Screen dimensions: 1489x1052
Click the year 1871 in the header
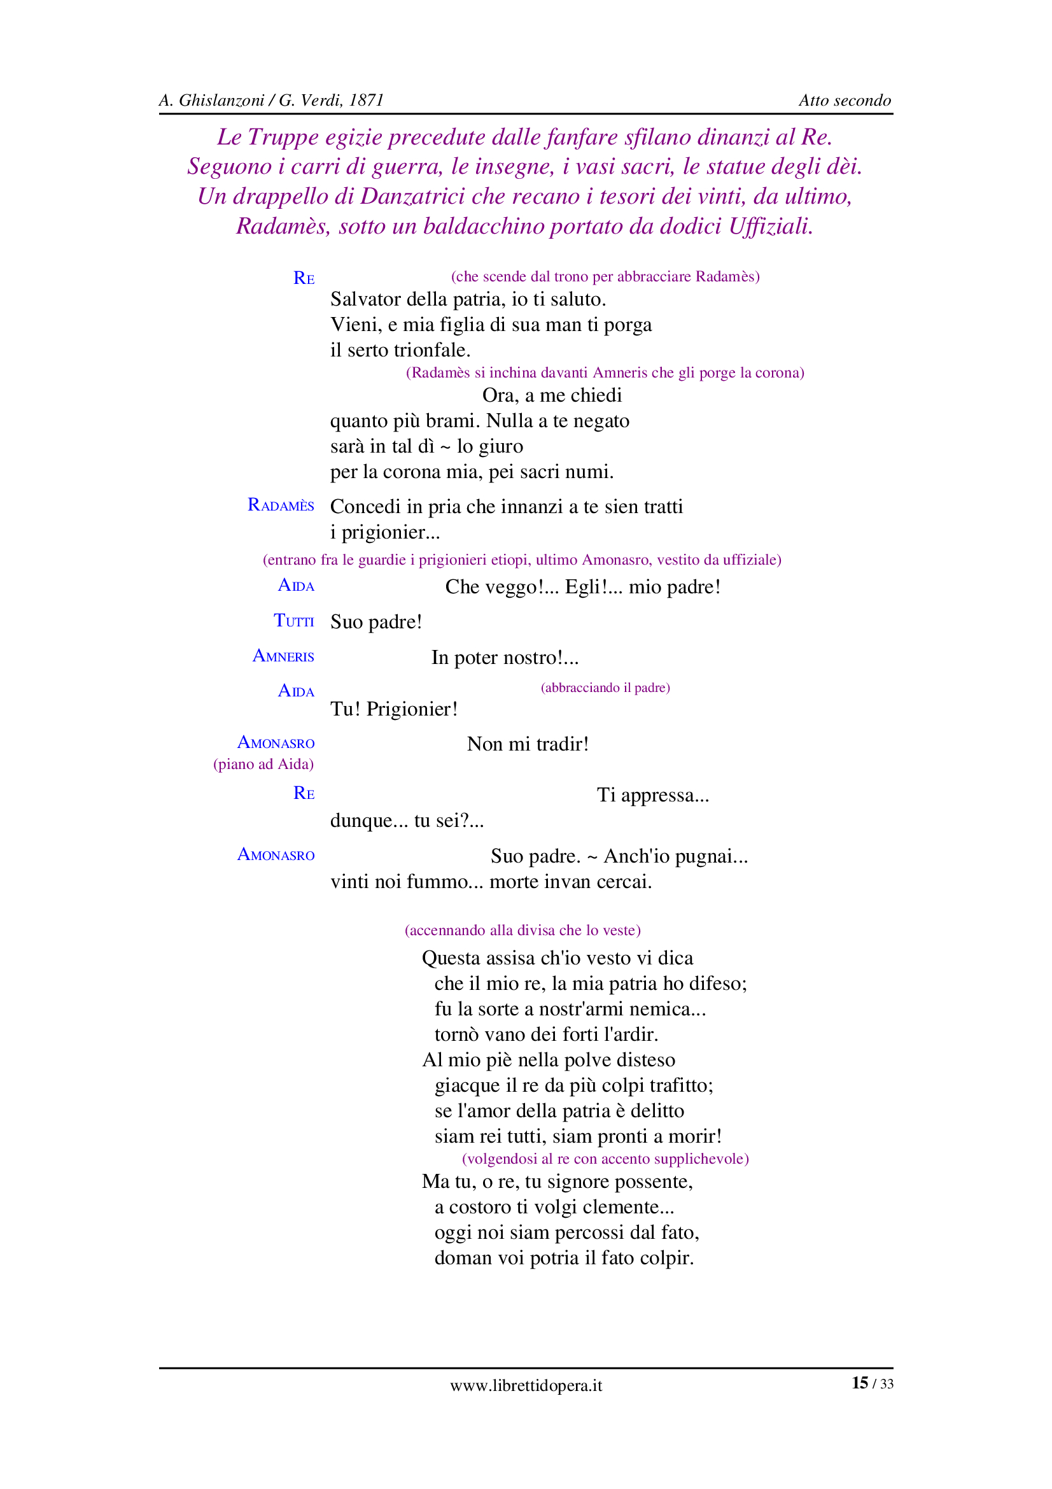[x=366, y=101]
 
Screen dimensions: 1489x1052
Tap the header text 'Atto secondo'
[x=844, y=101]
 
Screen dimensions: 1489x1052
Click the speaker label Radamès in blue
[x=281, y=505]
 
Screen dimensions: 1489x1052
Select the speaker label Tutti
[x=293, y=621]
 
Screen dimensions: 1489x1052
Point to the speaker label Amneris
[x=283, y=656]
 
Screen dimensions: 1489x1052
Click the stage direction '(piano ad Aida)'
[x=263, y=764]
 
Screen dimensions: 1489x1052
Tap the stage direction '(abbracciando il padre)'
[x=605, y=688]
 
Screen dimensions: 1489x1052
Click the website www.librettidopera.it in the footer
[x=526, y=1385]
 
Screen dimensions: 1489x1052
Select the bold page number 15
[x=860, y=1383]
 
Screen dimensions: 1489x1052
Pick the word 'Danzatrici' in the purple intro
[x=412, y=196]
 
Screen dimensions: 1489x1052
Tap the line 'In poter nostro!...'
[x=505, y=658]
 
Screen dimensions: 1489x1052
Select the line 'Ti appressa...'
[x=653, y=795]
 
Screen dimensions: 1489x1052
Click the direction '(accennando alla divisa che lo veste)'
[x=522, y=930]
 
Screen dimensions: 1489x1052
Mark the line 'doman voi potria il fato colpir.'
[x=564, y=1258]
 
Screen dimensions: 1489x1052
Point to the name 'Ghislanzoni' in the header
[x=221, y=101]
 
